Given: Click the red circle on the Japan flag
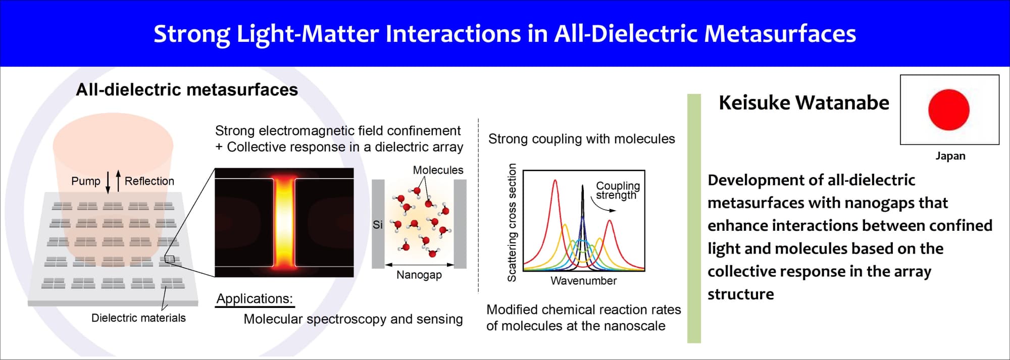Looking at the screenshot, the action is click(x=948, y=110).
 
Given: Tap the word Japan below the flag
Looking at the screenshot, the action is click(x=950, y=156).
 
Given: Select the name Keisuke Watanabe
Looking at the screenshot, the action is click(x=804, y=102).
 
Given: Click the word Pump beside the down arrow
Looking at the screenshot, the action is click(x=86, y=181).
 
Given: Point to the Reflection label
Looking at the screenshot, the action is click(x=149, y=181).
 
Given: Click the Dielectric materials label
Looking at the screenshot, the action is click(x=138, y=318).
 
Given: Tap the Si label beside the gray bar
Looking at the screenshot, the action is click(x=378, y=225).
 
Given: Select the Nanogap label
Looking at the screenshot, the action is click(x=419, y=275).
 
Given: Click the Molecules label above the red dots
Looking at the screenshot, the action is click(x=438, y=170).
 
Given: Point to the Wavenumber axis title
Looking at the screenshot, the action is click(x=583, y=281).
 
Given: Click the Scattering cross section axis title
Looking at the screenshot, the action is click(x=512, y=222).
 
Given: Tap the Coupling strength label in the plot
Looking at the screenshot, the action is click(x=618, y=190).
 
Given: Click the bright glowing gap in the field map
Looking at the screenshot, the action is click(x=284, y=222).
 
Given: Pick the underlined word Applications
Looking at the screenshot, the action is click(x=255, y=298).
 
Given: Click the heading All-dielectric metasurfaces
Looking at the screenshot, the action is click(x=187, y=89).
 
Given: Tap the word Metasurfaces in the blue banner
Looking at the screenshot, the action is click(x=780, y=33).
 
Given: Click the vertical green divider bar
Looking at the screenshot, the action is click(x=694, y=218).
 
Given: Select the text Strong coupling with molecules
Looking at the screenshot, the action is click(x=581, y=139).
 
